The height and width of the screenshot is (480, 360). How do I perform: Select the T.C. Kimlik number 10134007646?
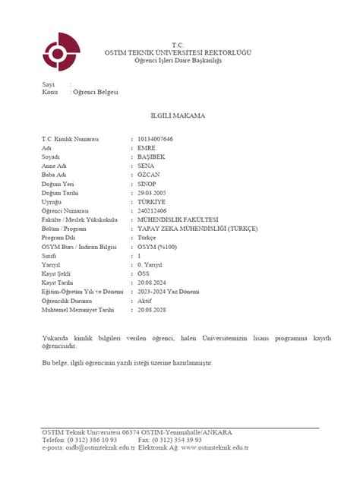[155, 140]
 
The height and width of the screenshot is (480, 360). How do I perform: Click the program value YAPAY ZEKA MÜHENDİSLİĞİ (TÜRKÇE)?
[197, 227]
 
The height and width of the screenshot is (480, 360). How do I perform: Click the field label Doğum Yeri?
[58, 183]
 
